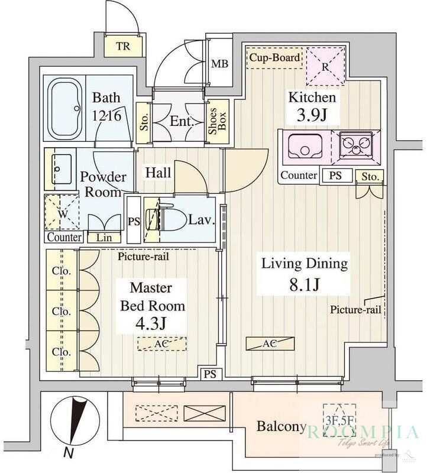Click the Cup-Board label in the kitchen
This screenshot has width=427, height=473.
[274, 58]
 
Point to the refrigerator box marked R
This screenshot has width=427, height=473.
[325, 67]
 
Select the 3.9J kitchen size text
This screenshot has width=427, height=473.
[312, 115]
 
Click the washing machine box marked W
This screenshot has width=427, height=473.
[62, 212]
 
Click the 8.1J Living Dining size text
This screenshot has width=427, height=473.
[304, 284]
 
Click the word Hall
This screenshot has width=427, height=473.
[158, 173]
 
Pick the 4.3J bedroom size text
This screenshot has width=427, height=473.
[151, 324]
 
